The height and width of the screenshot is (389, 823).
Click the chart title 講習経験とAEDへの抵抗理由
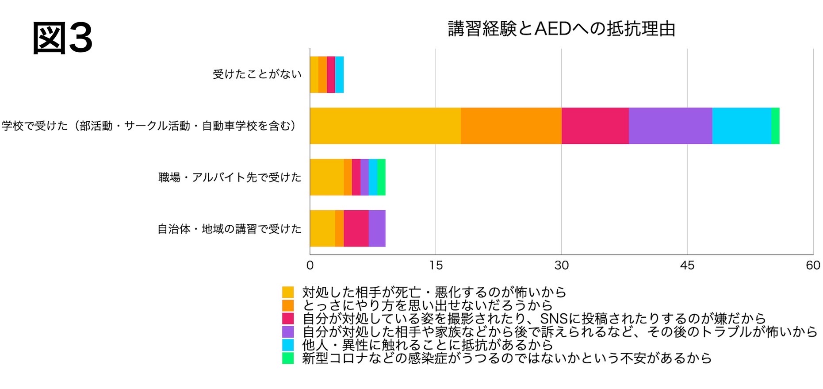(x=561, y=29)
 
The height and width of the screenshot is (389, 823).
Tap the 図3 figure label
(x=62, y=39)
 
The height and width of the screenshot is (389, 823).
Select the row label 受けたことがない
(x=257, y=74)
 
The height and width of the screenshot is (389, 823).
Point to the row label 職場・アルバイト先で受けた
(x=230, y=177)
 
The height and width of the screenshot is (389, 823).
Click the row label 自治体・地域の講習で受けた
(x=230, y=229)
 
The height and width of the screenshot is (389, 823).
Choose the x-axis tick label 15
(x=436, y=266)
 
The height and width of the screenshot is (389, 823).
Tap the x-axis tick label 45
(x=687, y=266)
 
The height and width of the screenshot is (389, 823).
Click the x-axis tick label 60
(x=813, y=266)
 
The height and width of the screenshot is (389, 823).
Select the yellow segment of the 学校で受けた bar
(x=385, y=126)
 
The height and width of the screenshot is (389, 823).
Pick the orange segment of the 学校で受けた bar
(x=511, y=126)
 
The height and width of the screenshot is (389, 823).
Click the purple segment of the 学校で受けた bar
(x=670, y=126)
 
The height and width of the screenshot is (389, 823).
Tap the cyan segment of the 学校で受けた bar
(x=742, y=126)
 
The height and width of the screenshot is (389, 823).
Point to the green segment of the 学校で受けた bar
(x=775, y=126)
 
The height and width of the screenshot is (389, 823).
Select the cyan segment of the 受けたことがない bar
(x=339, y=74)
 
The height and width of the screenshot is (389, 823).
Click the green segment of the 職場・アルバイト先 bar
(x=381, y=177)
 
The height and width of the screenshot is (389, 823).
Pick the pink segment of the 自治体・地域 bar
(x=356, y=228)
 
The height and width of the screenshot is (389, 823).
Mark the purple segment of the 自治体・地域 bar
(x=377, y=228)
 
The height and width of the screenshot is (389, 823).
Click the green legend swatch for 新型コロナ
(x=288, y=358)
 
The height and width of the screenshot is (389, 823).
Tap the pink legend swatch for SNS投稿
(x=288, y=319)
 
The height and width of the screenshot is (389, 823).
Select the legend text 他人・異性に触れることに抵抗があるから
(x=427, y=345)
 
